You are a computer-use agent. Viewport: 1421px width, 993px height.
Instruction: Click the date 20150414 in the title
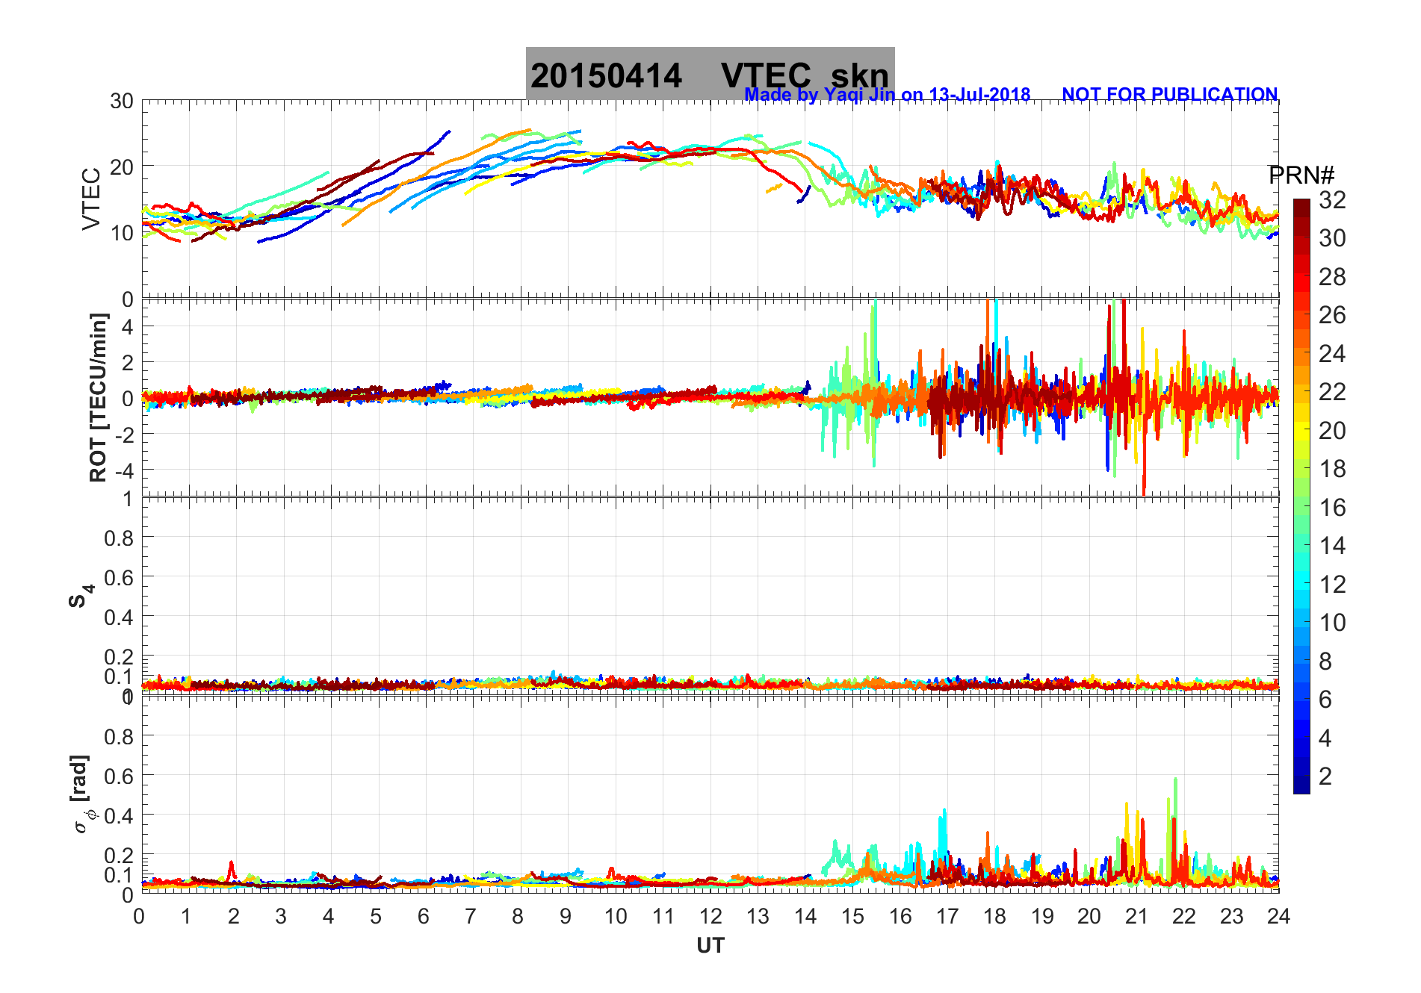coord(606,76)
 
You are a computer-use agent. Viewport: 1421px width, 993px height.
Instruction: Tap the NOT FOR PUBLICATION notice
coord(1169,95)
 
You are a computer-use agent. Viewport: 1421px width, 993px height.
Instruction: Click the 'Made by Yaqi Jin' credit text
coord(887,95)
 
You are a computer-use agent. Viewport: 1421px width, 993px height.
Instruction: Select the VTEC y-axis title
coord(91,199)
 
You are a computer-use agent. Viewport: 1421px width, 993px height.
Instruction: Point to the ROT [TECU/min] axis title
coord(98,397)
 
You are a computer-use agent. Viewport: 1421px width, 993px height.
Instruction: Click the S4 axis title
coord(81,595)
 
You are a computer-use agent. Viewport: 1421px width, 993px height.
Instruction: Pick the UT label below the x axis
coord(710,946)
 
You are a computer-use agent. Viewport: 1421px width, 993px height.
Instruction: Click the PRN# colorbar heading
coord(1301,175)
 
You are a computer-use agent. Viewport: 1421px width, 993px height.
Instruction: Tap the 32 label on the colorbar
coord(1332,199)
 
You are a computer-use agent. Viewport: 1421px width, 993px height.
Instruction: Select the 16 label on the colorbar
coord(1332,508)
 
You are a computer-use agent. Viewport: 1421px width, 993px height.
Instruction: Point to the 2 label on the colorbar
coord(1325,776)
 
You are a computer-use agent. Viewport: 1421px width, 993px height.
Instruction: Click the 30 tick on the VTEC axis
coord(122,102)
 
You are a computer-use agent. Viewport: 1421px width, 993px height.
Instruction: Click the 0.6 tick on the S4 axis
coord(120,577)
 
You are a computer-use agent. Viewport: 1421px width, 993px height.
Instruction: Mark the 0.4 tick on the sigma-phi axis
coord(120,815)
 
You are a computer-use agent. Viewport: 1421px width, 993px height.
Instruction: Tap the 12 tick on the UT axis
coord(710,916)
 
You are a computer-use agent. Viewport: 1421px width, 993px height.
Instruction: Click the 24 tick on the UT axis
coord(1278,916)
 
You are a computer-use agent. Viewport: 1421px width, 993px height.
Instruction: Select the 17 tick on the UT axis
coord(947,916)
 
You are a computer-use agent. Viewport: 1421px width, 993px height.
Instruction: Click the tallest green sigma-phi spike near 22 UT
coord(1175,780)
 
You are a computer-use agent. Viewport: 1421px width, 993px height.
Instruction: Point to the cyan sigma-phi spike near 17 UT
coord(944,811)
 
